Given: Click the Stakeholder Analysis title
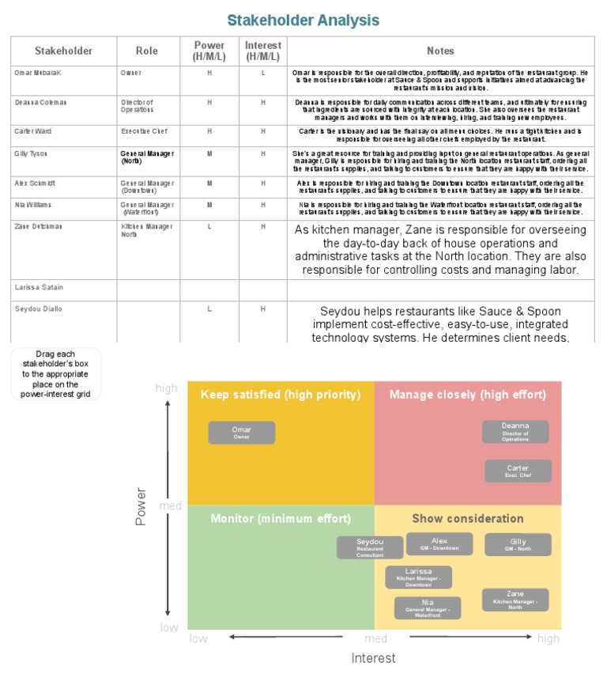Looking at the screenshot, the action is click(303, 20).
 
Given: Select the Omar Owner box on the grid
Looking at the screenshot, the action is click(242, 433).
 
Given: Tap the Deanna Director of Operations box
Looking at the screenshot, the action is click(515, 431).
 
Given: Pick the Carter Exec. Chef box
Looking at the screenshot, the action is click(518, 471).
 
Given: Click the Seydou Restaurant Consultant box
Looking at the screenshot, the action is click(370, 547).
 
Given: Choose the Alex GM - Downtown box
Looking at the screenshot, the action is click(439, 543).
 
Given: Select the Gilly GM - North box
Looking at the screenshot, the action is click(518, 544).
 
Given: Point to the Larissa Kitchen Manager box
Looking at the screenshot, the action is click(419, 577).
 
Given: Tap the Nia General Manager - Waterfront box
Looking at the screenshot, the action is click(428, 607).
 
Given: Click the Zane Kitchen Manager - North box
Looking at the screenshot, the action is click(515, 599).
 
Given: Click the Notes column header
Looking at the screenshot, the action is click(440, 51).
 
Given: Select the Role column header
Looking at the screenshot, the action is click(146, 51).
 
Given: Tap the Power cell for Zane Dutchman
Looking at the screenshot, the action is click(209, 227).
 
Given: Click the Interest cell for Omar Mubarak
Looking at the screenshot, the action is click(263, 73).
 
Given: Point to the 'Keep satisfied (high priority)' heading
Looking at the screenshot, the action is click(281, 394).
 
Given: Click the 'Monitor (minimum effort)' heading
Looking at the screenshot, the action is click(280, 519).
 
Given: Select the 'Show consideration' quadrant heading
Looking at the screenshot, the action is click(467, 519).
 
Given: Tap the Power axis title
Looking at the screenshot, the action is click(141, 506).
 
